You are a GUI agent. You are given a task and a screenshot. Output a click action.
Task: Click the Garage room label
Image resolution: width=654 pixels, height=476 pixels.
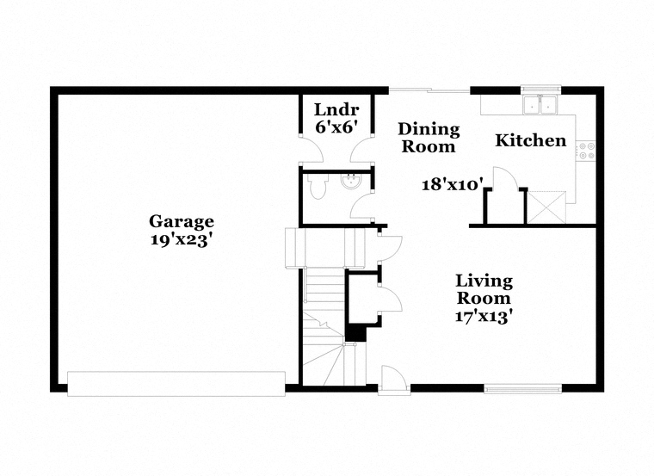click(x=182, y=222)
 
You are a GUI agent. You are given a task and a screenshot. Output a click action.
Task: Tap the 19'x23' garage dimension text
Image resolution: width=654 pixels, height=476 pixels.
click(x=179, y=240)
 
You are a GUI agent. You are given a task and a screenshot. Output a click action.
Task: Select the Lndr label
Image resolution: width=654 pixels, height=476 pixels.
click(x=336, y=109)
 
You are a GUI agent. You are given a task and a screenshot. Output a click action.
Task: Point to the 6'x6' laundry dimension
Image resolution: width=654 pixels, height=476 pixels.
click(x=336, y=127)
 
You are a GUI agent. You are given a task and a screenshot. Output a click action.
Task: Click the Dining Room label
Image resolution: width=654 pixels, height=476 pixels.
click(x=429, y=138)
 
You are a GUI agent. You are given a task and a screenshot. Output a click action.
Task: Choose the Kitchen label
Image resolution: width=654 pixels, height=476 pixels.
click(x=531, y=140)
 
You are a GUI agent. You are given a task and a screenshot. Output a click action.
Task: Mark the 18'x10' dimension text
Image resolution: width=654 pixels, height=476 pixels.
click(x=453, y=184)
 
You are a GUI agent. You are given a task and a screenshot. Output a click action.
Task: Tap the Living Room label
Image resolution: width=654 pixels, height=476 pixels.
click(x=484, y=289)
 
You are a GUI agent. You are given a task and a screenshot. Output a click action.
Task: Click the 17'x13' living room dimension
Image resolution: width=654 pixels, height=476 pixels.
click(x=484, y=317)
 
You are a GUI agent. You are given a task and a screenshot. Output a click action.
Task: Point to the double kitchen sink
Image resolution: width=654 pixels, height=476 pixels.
click(x=540, y=104)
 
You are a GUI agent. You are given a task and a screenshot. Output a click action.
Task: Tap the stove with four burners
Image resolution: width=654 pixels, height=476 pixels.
click(x=586, y=151)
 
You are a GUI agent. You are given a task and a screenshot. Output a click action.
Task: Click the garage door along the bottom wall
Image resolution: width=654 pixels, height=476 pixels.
click(x=176, y=383)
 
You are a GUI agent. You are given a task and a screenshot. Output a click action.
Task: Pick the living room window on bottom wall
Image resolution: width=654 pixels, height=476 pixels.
click(x=523, y=389)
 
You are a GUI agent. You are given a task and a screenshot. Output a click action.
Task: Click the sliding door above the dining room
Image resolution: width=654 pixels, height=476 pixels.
click(x=429, y=90)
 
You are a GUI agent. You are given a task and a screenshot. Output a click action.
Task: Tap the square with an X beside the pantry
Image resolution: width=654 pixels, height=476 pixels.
click(x=546, y=207)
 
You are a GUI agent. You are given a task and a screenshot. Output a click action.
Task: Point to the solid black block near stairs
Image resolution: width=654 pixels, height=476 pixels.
click(x=355, y=333)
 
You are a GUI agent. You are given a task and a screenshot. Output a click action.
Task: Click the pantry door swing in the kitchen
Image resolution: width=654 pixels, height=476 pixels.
click(x=505, y=178)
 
